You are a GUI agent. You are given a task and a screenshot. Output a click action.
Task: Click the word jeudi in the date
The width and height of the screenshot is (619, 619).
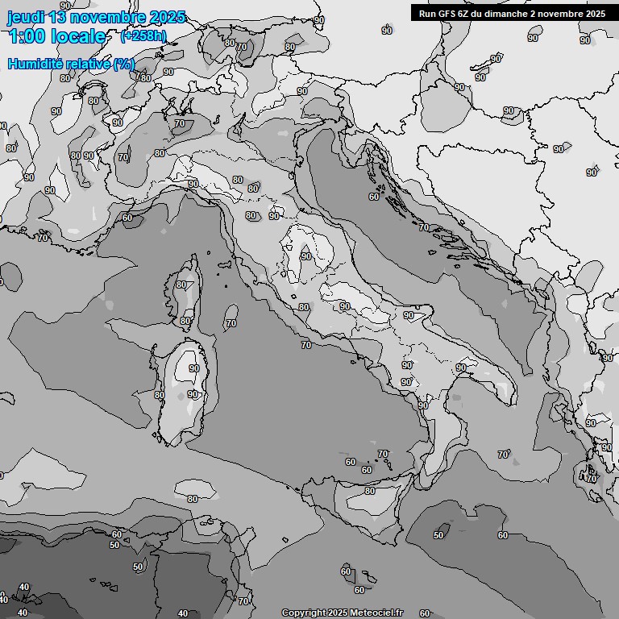[x=26, y=17]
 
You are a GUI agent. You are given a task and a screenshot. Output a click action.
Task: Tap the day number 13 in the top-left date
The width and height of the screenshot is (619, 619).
[x=60, y=17]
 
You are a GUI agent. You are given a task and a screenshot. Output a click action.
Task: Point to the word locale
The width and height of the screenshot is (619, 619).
[x=77, y=36]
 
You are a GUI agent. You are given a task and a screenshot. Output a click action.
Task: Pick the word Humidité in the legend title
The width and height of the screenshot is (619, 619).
[x=35, y=64]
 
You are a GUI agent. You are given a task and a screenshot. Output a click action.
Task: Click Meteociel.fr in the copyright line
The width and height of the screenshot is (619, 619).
[x=370, y=613]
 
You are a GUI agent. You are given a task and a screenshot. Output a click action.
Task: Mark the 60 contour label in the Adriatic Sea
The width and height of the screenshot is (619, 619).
[x=374, y=197]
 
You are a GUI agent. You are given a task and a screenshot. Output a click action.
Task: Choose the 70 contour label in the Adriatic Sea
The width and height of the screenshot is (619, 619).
[x=424, y=228]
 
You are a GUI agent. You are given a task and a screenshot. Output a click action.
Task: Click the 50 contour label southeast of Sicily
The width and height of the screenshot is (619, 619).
[x=438, y=535]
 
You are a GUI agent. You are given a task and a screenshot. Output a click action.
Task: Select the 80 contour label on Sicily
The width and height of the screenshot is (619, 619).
[x=369, y=491]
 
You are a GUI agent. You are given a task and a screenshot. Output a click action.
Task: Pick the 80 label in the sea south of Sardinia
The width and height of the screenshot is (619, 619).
[x=193, y=499]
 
